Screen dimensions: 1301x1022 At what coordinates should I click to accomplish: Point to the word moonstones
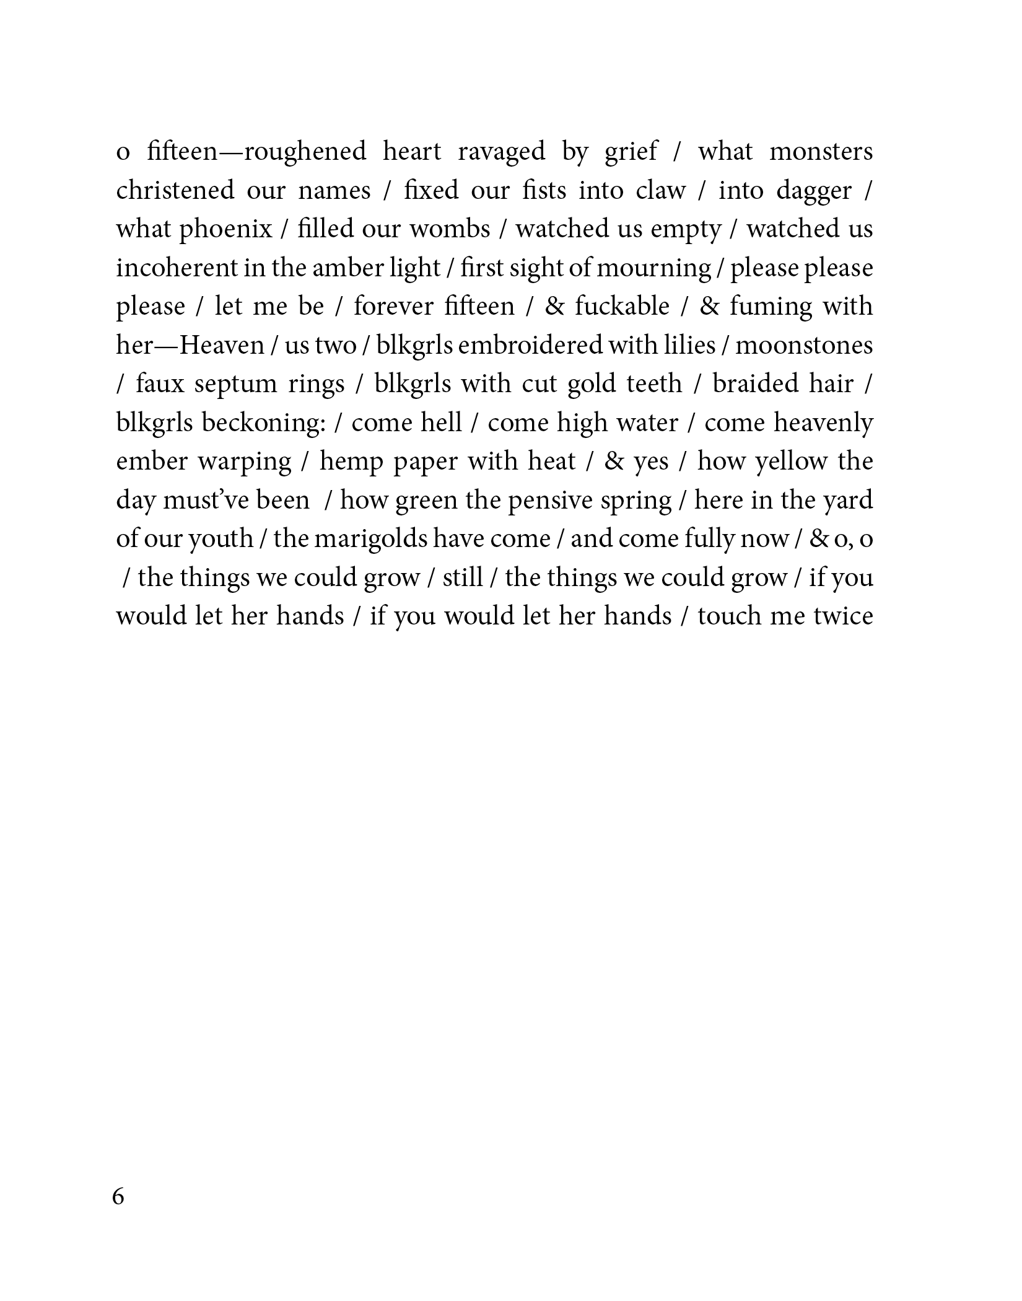(x=804, y=345)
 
